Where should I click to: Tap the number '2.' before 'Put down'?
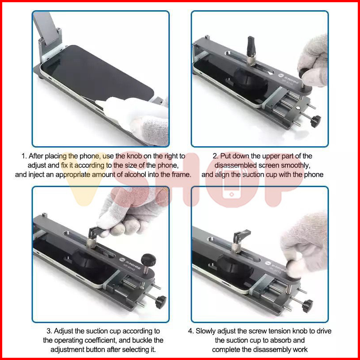(x=216, y=156)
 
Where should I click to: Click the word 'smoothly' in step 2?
(x=296, y=165)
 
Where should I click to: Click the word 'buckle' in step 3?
(x=142, y=340)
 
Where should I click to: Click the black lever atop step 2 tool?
(x=251, y=47)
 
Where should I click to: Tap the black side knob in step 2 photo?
(x=316, y=121)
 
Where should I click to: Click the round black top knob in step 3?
(x=148, y=260)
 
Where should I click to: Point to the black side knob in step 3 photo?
(x=161, y=302)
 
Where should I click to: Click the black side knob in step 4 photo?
(x=308, y=306)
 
